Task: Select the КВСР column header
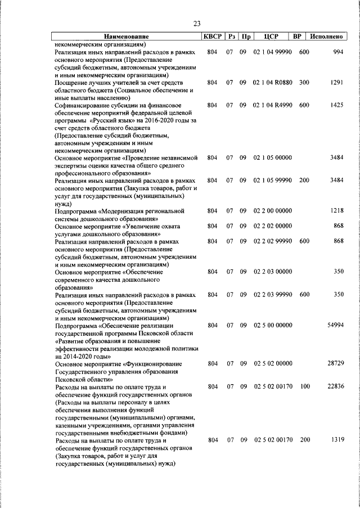(x=211, y=37)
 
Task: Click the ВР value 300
(x=304, y=83)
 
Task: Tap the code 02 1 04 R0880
(x=272, y=83)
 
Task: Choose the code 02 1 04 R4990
(x=272, y=105)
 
